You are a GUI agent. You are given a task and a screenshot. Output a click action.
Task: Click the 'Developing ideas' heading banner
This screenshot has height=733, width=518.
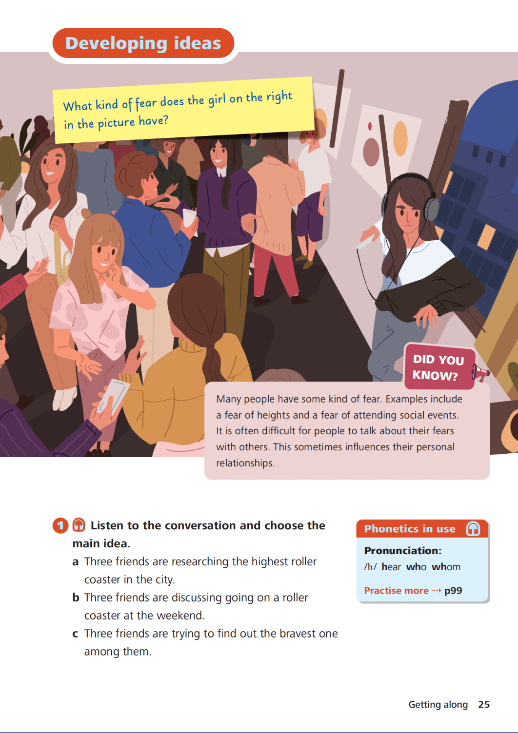point(143,43)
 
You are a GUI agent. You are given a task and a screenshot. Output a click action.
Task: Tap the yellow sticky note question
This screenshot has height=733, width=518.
point(183,110)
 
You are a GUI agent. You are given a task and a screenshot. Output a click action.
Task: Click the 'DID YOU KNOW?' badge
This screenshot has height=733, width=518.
point(439,367)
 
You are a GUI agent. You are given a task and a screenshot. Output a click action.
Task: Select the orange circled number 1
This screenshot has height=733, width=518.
point(60,525)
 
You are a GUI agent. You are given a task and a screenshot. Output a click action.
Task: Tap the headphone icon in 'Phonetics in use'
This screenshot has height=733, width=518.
point(473,528)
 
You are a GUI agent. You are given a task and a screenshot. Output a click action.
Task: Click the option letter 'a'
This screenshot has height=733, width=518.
point(76,562)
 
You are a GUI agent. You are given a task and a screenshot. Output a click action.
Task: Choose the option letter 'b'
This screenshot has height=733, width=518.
point(76,597)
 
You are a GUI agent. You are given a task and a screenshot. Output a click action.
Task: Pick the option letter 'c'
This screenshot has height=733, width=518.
point(75,634)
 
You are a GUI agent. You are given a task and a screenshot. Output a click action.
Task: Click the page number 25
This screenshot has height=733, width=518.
point(484,704)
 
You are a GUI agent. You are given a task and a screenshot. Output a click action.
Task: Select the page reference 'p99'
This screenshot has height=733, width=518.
point(453,591)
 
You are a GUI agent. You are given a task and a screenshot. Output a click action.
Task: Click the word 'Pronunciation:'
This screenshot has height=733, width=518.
point(403,551)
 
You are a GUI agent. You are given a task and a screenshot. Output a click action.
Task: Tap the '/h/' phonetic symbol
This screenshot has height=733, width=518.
point(370,567)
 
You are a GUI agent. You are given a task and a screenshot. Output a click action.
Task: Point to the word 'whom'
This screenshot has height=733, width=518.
point(446,567)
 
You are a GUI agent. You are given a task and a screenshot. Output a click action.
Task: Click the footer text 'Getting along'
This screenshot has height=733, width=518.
point(438,705)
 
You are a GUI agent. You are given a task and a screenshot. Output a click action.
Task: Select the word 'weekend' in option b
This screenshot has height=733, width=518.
point(180,616)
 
